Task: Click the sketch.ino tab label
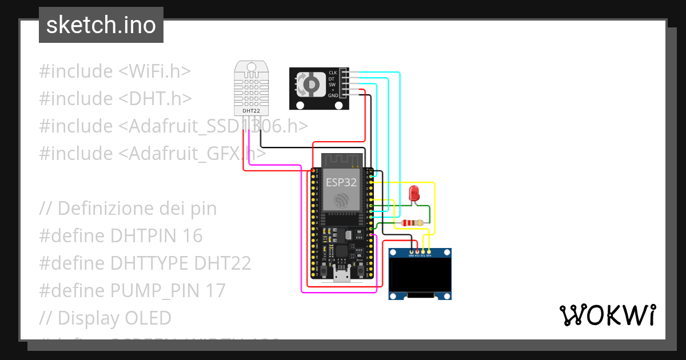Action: pyautogui.click(x=101, y=25)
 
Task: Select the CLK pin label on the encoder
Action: pyautogui.click(x=333, y=73)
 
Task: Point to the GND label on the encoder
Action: pyautogui.click(x=333, y=96)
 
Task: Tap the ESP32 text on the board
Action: pyautogui.click(x=341, y=182)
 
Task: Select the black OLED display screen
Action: pyautogui.click(x=420, y=274)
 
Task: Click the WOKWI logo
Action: pyautogui.click(x=607, y=315)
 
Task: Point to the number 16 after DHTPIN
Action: pyautogui.click(x=193, y=235)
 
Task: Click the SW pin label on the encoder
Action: pyautogui.click(x=332, y=85)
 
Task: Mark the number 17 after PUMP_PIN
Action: pyautogui.click(x=216, y=290)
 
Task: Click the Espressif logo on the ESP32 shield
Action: pyautogui.click(x=341, y=201)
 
